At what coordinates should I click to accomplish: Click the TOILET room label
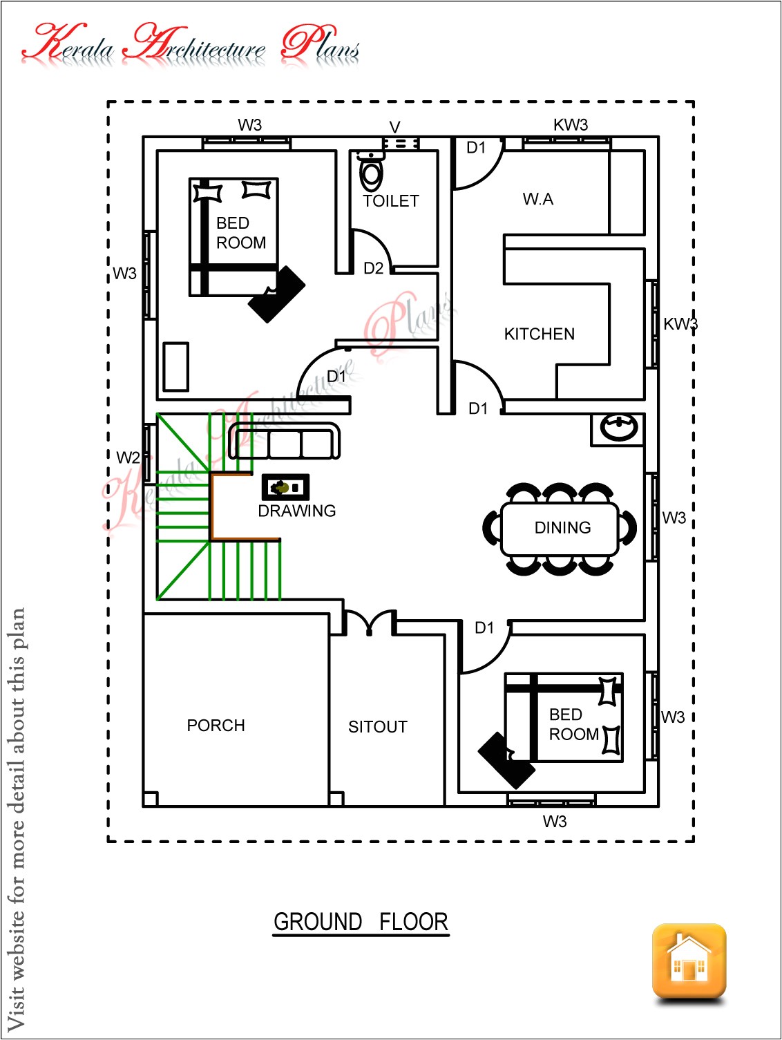click(x=391, y=201)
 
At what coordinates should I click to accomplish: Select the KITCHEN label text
click(x=539, y=334)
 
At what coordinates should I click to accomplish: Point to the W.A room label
click(x=537, y=200)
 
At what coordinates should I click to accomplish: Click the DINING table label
click(x=562, y=528)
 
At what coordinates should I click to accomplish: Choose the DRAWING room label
click(x=296, y=511)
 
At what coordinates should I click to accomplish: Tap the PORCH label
click(x=216, y=726)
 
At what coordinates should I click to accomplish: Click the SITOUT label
click(x=377, y=727)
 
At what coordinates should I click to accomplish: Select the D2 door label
click(x=373, y=269)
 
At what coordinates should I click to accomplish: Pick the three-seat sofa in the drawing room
click(x=285, y=442)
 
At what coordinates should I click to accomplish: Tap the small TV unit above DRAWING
click(x=285, y=488)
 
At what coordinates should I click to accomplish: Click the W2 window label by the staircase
click(x=128, y=458)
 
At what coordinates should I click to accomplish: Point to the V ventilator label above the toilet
click(x=394, y=127)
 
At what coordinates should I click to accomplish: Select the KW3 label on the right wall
click(x=680, y=324)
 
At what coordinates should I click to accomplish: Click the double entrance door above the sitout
click(x=370, y=622)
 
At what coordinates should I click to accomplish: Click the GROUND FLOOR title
click(x=361, y=923)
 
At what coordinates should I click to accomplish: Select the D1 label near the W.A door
click(x=476, y=148)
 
